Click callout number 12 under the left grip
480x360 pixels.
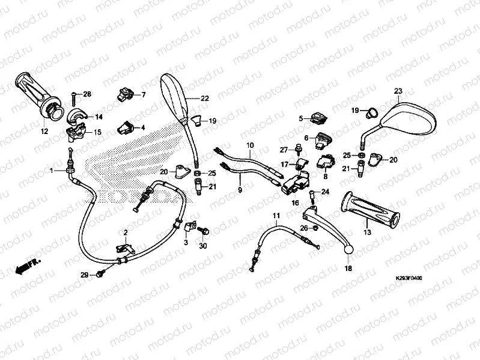[x=44, y=130]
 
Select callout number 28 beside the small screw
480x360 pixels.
[x=87, y=94]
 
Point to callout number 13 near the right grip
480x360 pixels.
[x=367, y=231]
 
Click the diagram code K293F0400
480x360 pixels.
[x=409, y=279]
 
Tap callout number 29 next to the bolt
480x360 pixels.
[x=85, y=275]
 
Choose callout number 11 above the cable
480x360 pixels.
[x=276, y=215]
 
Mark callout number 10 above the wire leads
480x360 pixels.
[x=250, y=145]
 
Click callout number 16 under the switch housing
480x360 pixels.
[x=295, y=203]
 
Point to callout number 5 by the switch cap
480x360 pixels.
[x=302, y=119]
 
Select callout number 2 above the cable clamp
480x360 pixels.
[x=126, y=232]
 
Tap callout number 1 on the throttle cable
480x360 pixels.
[x=52, y=171]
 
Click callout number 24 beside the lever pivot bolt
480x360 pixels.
[x=326, y=192]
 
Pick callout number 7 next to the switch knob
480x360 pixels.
[x=143, y=95]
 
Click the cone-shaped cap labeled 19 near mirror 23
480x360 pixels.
[x=368, y=111]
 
